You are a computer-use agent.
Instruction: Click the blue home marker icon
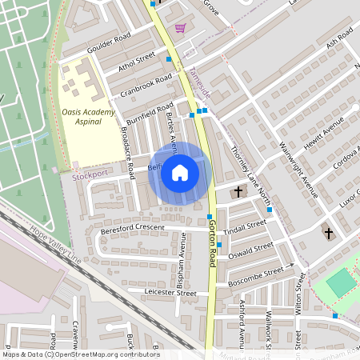click(x=180, y=173)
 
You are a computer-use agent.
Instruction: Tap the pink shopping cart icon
click(x=180, y=29)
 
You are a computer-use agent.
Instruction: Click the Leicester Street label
click(x=170, y=294)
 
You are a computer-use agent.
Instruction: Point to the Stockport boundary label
click(x=89, y=173)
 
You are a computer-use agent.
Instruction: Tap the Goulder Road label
click(x=110, y=38)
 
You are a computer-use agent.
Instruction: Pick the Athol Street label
click(x=136, y=59)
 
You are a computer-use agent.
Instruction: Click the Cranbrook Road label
click(x=146, y=84)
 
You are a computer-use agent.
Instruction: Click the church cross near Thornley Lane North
click(x=238, y=192)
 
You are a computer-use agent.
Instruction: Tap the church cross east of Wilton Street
click(x=328, y=233)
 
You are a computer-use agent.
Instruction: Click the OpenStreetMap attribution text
click(x=80, y=354)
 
